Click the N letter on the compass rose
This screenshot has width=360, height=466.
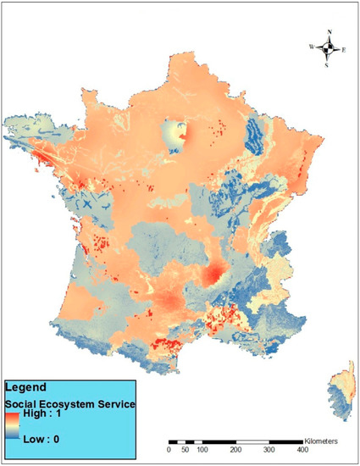point(329,32)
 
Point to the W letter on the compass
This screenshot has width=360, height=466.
point(312,47)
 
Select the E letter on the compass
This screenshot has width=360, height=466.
point(344,50)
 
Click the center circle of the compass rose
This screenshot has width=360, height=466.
point(329,48)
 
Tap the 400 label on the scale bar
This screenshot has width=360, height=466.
point(302,452)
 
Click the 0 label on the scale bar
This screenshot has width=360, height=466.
point(170,452)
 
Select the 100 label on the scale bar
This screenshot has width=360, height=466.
point(203,452)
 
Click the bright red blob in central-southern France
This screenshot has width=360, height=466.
point(215,278)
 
